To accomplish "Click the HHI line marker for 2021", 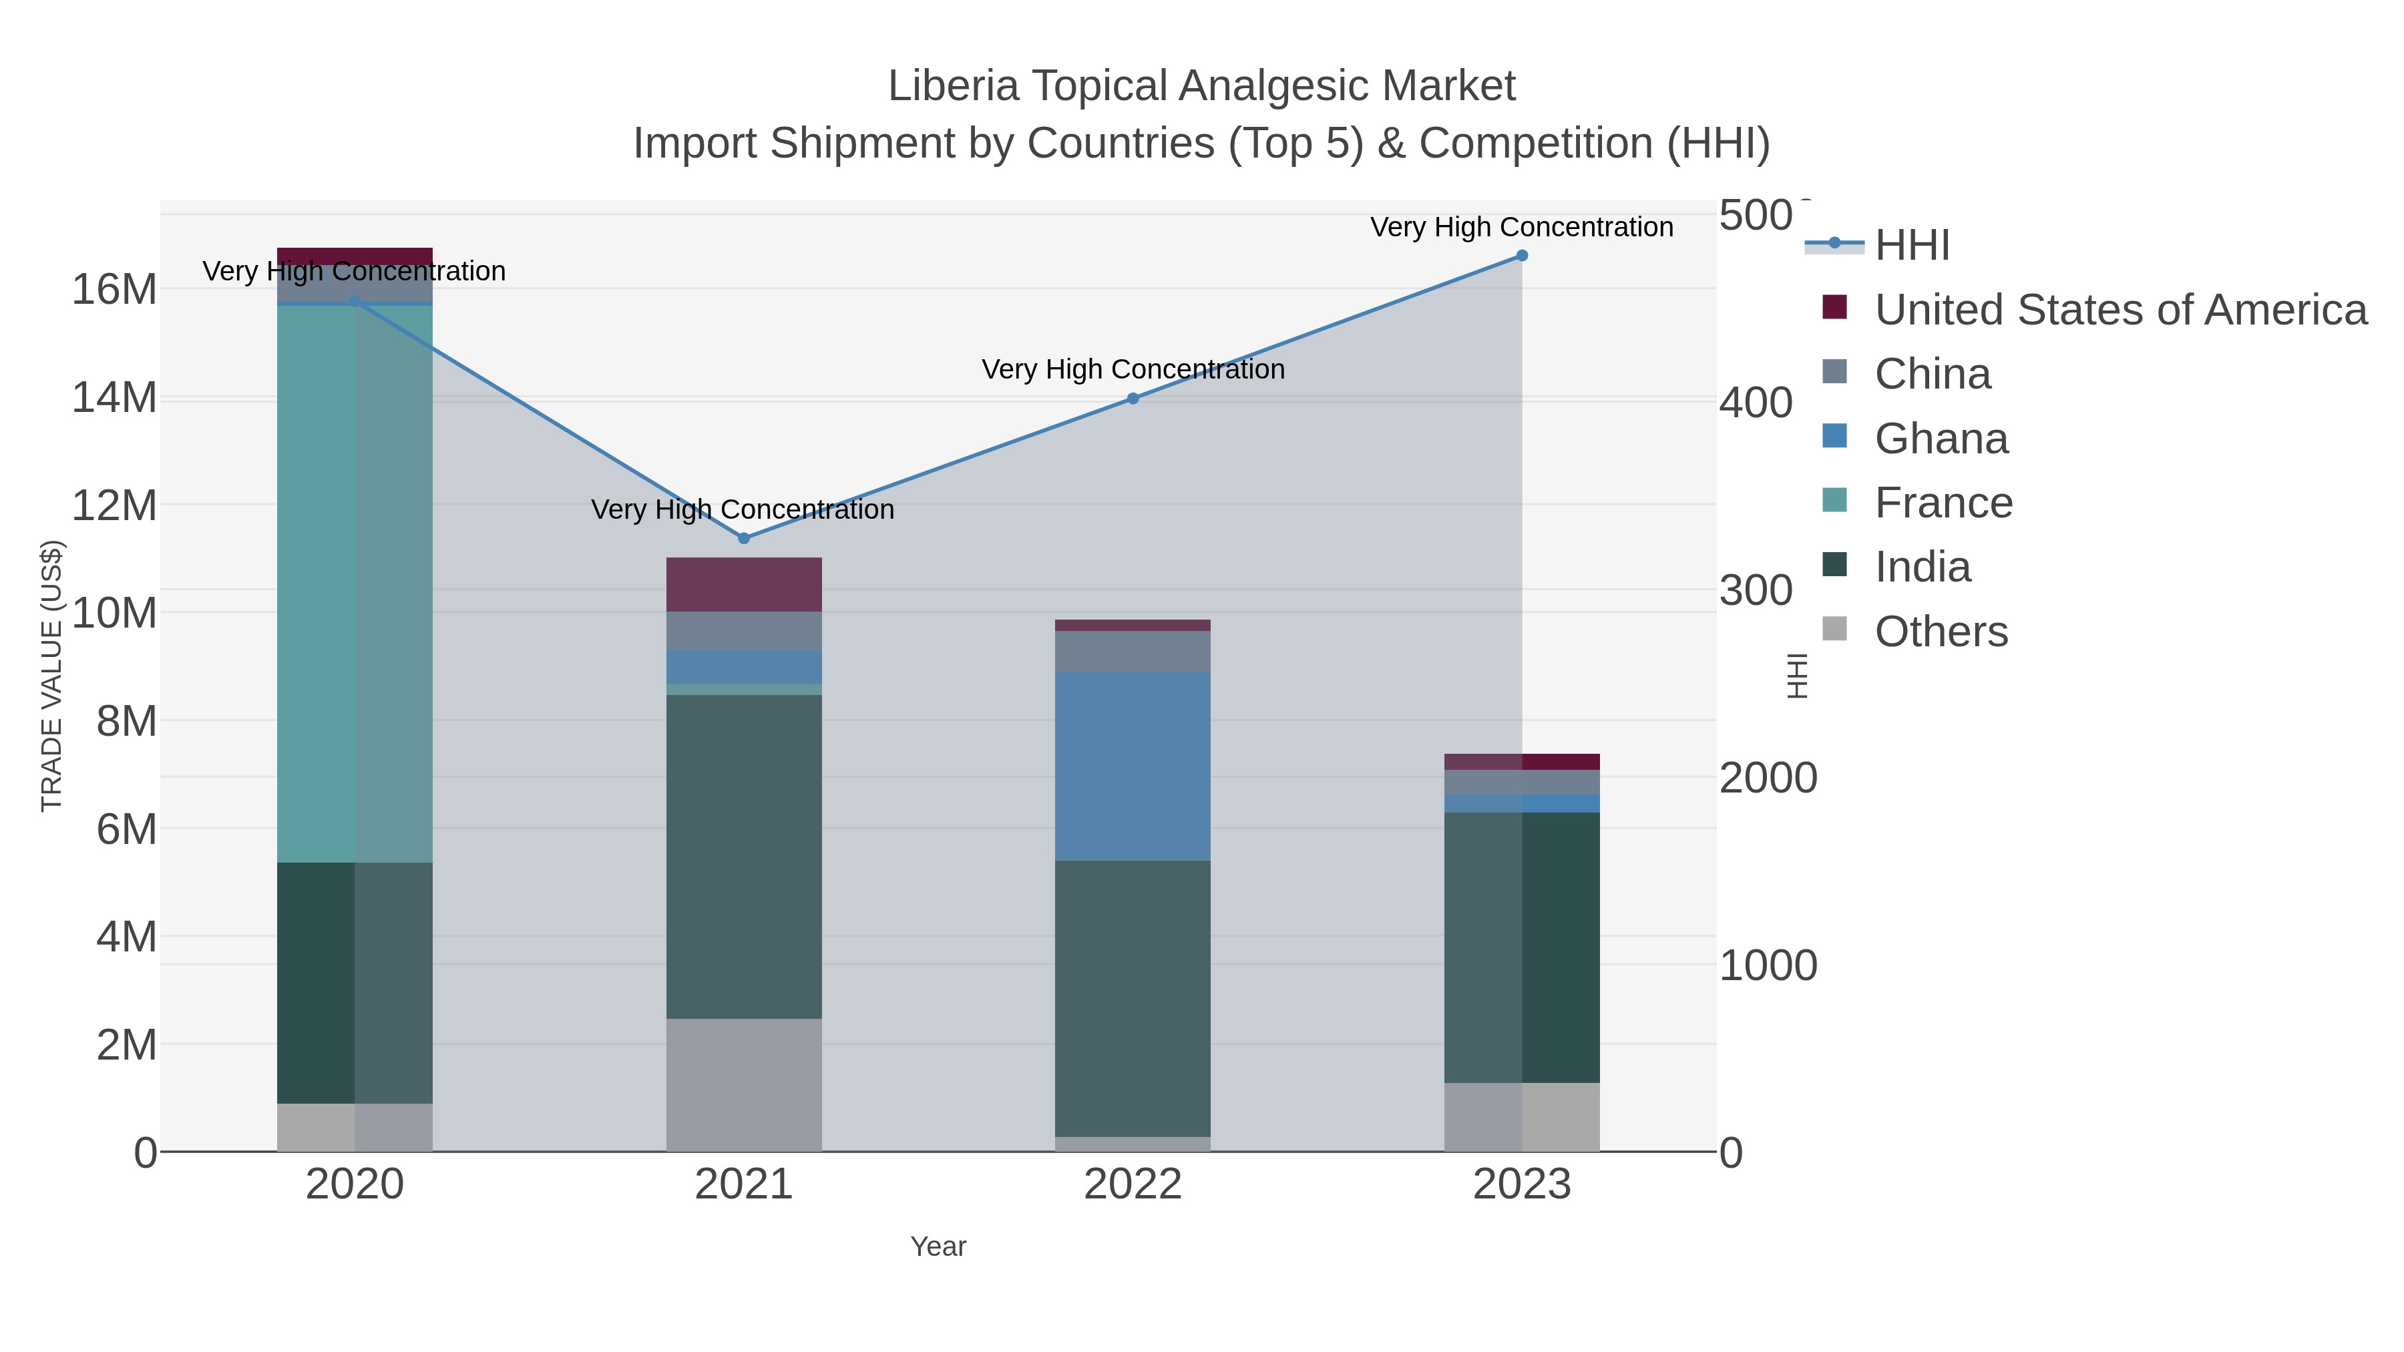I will (744, 538).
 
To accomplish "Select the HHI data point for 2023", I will (1521, 256).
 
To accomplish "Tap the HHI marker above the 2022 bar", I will (1133, 399).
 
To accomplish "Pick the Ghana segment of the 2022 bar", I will (1133, 765).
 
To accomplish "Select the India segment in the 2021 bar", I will (744, 857).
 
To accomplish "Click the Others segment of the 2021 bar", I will (744, 1084).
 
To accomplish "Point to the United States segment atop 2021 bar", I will (744, 584).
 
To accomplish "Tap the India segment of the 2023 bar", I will (1521, 947).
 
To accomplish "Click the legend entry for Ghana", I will (1941, 439).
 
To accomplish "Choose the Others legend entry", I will (1941, 632).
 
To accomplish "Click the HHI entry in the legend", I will (1911, 246).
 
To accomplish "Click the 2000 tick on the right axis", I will (1768, 778).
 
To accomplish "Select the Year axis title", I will (938, 1247).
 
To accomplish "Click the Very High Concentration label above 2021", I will (743, 509).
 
